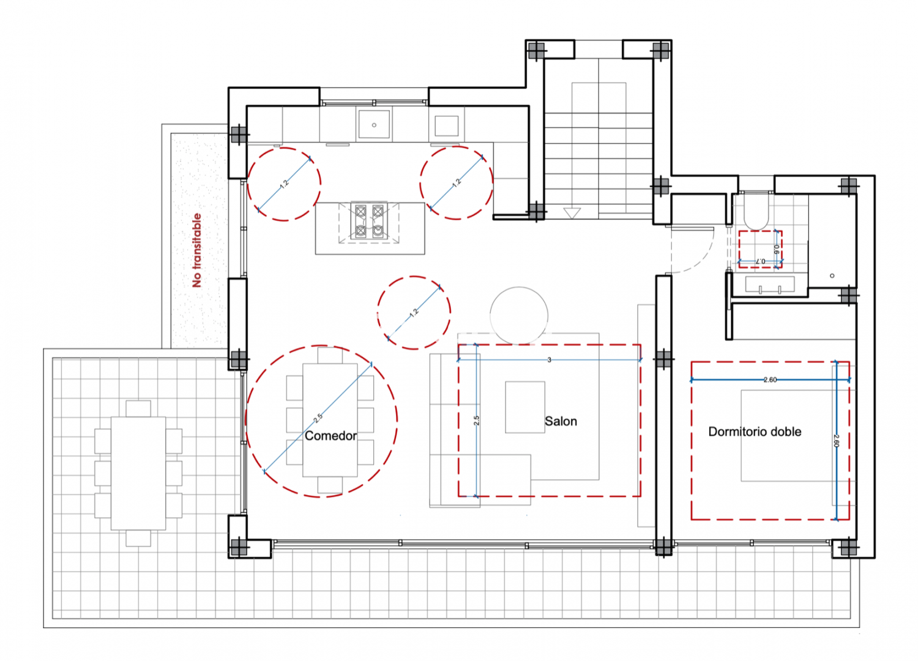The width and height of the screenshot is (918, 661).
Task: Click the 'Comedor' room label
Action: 330,436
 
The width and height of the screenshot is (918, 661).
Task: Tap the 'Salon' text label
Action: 561,421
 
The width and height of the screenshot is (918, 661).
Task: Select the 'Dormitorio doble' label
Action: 755,431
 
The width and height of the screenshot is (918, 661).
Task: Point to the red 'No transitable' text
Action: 197,250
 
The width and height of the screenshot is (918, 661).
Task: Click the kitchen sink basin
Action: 374,124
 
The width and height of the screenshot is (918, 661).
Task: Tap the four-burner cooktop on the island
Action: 369,221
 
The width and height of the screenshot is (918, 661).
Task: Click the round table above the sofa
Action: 519,316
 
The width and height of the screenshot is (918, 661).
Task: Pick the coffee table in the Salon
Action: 525,407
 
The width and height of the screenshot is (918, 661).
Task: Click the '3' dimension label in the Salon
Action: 549,360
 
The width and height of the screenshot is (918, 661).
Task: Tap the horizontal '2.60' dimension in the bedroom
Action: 770,380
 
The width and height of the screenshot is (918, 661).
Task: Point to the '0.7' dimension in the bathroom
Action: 760,261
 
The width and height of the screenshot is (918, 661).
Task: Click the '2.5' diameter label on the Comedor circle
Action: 318,418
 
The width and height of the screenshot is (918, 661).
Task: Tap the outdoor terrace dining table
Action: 138,473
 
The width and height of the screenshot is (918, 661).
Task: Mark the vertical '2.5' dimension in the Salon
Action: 476,420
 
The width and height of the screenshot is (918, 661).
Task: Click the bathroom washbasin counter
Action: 770,285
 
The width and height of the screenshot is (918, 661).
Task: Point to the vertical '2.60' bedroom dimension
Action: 836,441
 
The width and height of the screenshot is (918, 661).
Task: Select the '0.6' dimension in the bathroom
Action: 776,249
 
